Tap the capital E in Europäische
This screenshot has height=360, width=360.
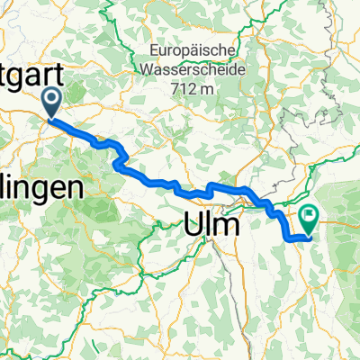(x=153, y=50)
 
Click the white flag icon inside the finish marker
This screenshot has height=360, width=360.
(x=310, y=217)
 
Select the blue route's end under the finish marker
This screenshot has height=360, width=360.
(x=309, y=237)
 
